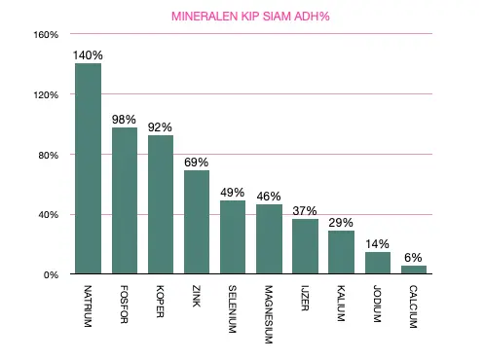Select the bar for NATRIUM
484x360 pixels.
point(88,168)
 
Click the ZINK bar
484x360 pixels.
point(197,222)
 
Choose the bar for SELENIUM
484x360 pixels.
point(233,237)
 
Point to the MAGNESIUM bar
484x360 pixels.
point(269,239)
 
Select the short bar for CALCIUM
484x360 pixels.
point(414,270)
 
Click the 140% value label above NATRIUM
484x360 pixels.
point(88,55)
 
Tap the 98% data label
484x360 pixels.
point(125,119)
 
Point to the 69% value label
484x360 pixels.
point(197,162)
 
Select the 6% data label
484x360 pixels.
point(414,257)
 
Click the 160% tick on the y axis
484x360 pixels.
point(46,35)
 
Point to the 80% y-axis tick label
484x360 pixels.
point(49,155)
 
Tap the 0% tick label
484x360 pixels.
point(52,274)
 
